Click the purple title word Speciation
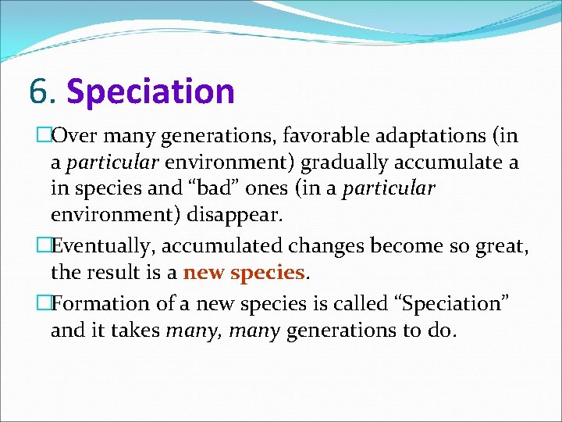pos(151,91)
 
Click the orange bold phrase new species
pos(244,272)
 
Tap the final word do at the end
pos(438,330)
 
